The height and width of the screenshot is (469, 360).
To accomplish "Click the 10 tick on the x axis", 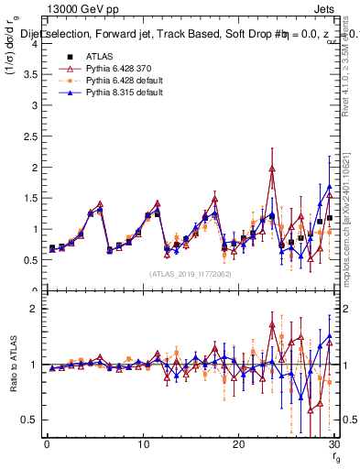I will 142,444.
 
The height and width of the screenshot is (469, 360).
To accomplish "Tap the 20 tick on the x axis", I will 238,444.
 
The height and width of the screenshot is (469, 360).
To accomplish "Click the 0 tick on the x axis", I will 47,444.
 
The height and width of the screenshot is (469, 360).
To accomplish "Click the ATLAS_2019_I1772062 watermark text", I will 190,274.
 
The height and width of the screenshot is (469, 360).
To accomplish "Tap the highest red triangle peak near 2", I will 272,169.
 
